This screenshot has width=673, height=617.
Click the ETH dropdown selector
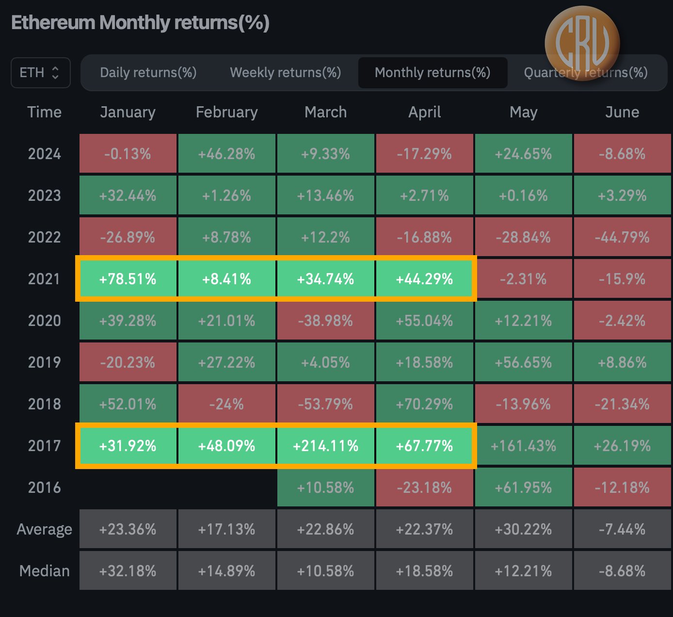40,73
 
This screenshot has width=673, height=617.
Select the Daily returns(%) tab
148,73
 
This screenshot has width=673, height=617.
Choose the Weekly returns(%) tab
285,73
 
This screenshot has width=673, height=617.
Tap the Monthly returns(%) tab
433,73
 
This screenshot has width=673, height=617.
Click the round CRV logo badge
582,43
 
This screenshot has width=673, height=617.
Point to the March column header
325,112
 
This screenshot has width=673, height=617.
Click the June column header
622,112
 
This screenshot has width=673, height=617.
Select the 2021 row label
44,279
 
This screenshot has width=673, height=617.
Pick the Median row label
44,571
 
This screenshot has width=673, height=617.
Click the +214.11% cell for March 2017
325,446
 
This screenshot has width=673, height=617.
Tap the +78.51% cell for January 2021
128,279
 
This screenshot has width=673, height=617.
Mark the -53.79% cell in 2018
325,404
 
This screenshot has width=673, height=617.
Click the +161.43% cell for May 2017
523,446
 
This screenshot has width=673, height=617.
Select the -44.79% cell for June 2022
622,237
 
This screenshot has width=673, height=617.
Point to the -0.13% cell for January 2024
128,154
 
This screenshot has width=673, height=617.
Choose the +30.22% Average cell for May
523,529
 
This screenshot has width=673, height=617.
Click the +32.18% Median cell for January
128,571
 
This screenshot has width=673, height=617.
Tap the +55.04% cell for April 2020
424,321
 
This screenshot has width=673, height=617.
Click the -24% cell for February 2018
226,404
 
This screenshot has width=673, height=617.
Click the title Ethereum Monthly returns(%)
140,23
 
